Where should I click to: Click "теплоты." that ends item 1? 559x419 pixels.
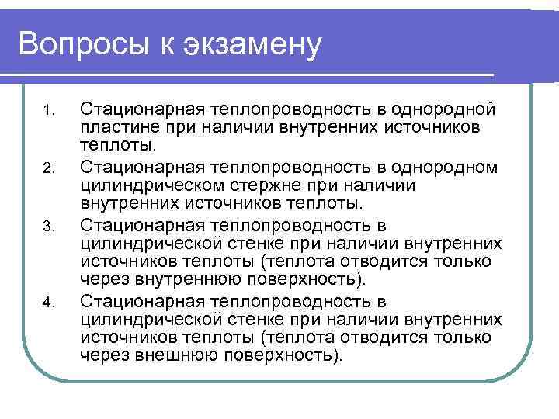pyautogui.click(x=117, y=145)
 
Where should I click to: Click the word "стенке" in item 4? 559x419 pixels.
pyautogui.click(x=254, y=320)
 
